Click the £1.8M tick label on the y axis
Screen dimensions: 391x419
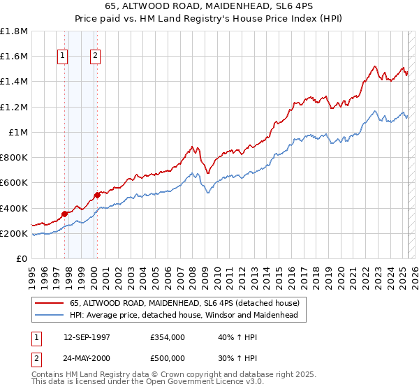(x=14, y=31)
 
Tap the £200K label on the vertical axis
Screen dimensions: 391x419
(x=14, y=233)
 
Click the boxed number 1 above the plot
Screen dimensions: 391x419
(x=63, y=57)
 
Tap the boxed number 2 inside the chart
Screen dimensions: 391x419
(x=95, y=57)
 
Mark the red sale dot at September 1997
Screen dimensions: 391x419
(x=64, y=214)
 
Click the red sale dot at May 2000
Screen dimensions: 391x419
(x=97, y=195)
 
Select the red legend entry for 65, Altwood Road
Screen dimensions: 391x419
(x=184, y=303)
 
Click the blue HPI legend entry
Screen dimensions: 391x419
(x=184, y=315)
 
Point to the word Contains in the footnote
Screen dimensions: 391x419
(x=50, y=376)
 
